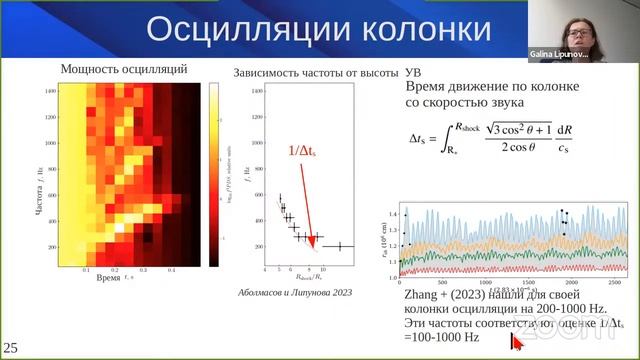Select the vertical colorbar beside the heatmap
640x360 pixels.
(x=213, y=177)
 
